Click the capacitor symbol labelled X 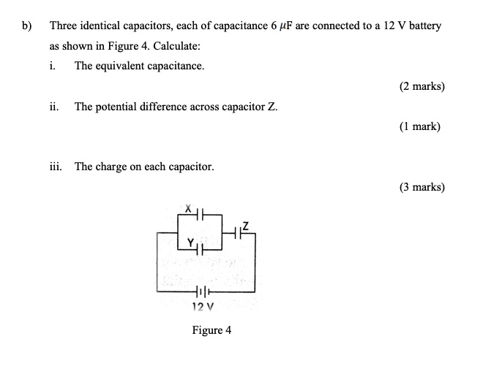[x=201, y=214]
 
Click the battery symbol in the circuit [x=201, y=291]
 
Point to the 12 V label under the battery [x=202, y=305]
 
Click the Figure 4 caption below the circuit [x=211, y=330]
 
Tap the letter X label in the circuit [x=187, y=208]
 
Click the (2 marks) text [x=422, y=86]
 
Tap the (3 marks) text [x=422, y=187]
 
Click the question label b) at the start [x=26, y=26]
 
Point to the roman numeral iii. [x=56, y=167]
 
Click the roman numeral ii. [x=54, y=107]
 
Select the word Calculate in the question [x=177, y=46]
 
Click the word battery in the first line [x=425, y=26]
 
